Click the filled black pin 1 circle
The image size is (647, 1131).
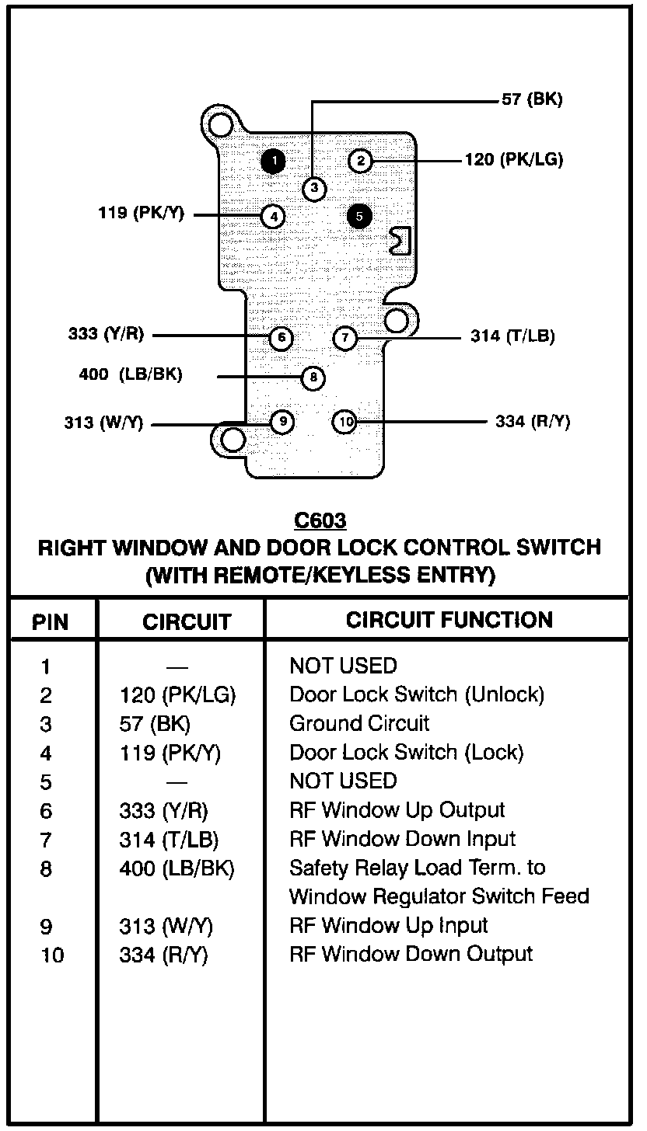click(x=273, y=161)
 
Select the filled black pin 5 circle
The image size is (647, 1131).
click(x=359, y=216)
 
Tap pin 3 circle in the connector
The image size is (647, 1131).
click(x=314, y=188)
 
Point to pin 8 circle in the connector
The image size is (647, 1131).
click(x=313, y=378)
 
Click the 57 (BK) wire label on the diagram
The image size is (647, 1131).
click(x=532, y=99)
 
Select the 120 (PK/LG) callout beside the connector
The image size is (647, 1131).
click(x=514, y=160)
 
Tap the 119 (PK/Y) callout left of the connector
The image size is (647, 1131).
click(x=141, y=213)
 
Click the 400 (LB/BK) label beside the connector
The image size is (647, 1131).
click(x=130, y=374)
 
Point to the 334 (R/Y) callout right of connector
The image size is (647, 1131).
click(x=533, y=422)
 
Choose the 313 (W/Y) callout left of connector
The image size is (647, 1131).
click(x=103, y=423)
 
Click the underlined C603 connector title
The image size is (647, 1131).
click(x=320, y=520)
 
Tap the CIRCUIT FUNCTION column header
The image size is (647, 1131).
click(x=449, y=620)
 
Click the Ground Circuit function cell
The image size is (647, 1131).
click(x=358, y=724)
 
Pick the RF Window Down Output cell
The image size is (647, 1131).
click(x=411, y=954)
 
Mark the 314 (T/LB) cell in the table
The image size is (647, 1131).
click(x=169, y=840)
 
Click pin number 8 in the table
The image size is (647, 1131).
click(x=46, y=868)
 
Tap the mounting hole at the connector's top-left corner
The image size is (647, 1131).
click(x=222, y=127)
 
